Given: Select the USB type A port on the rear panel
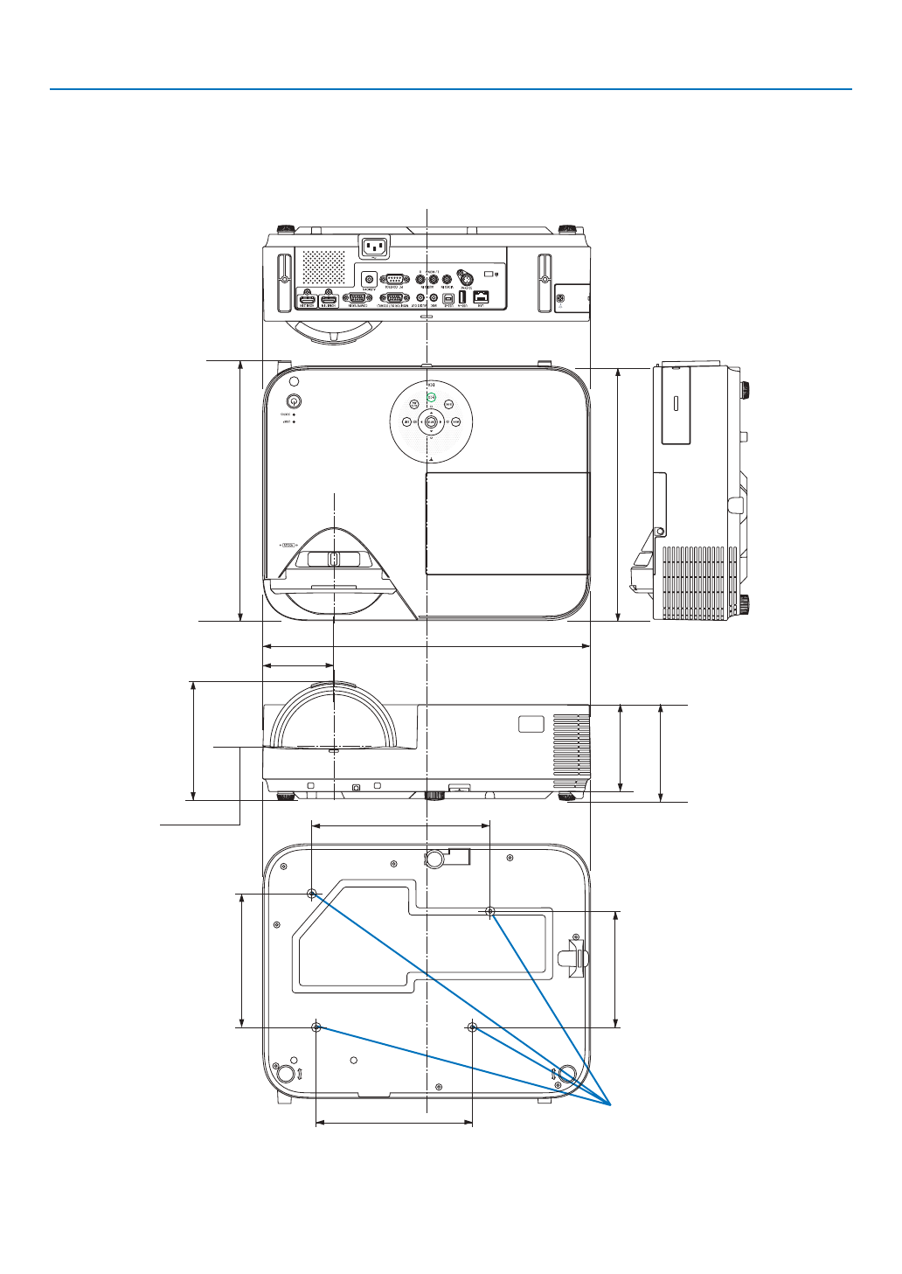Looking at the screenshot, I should (462, 296).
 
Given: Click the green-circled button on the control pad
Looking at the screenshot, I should (431, 398).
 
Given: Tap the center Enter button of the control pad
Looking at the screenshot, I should (431, 421).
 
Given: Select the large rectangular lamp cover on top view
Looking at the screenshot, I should (507, 523).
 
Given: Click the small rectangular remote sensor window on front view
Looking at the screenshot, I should (531, 725).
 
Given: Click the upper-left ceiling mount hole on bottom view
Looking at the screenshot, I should (312, 894).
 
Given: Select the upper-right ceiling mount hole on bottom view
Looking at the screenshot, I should (490, 912).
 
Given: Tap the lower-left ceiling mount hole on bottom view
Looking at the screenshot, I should (316, 1027).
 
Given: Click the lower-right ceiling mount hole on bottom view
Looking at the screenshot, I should (472, 1027).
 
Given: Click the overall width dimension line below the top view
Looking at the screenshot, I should (427, 647).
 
